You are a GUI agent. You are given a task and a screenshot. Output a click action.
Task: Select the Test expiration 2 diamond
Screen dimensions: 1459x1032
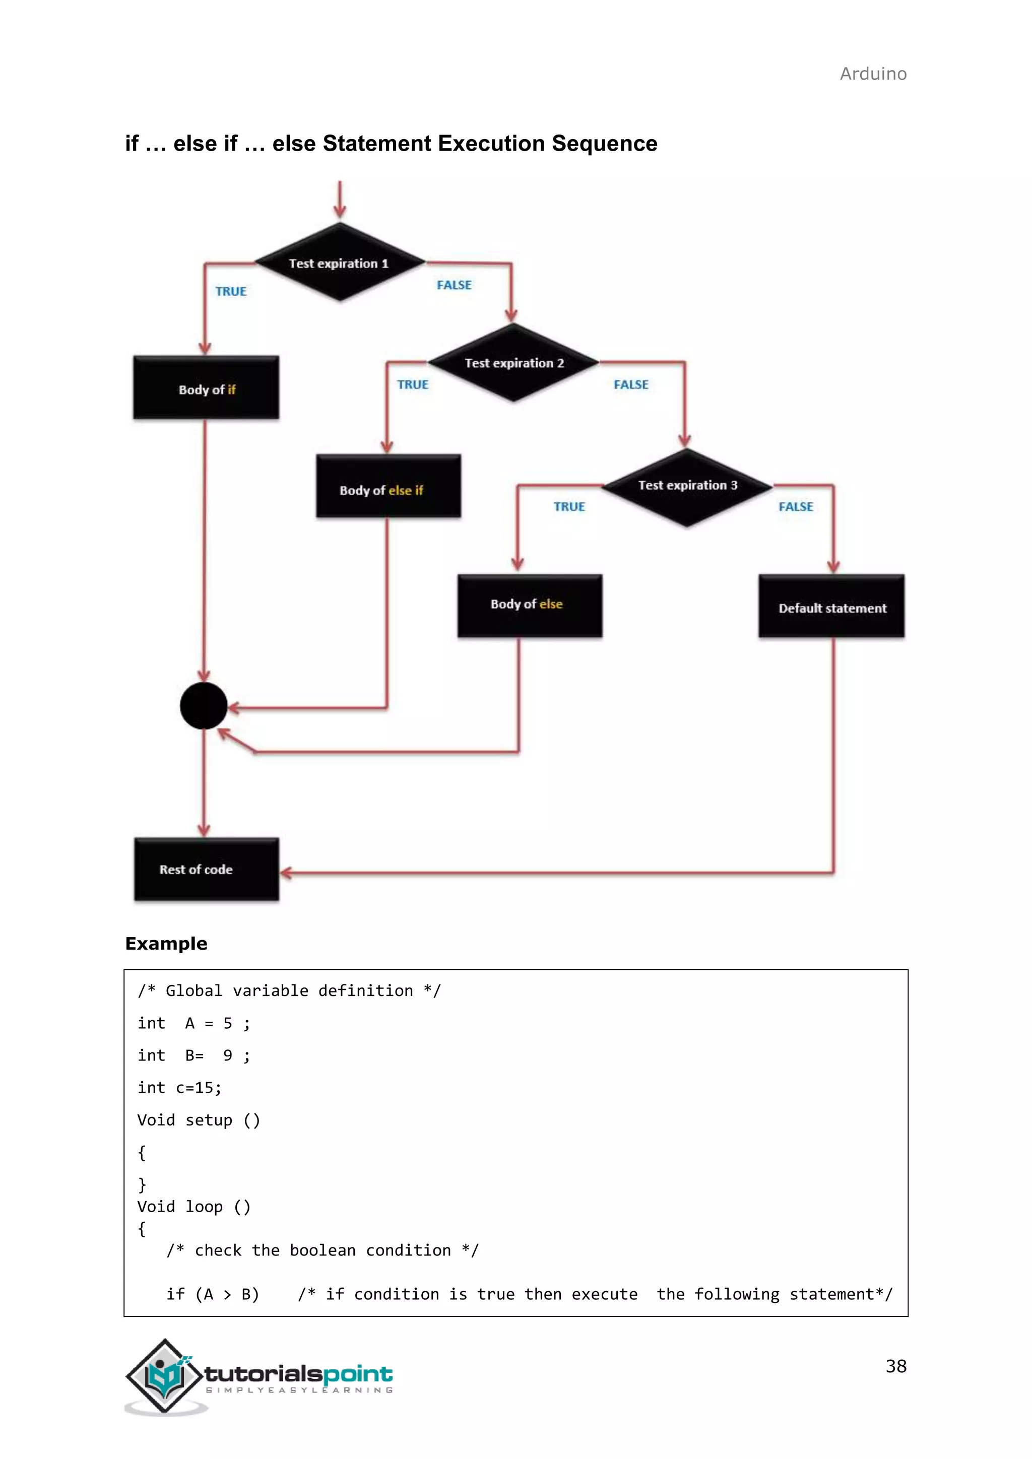513,362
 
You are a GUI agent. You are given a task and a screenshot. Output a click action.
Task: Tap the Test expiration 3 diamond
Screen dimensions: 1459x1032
687,486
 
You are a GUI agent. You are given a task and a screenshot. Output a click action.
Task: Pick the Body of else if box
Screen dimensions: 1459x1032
389,487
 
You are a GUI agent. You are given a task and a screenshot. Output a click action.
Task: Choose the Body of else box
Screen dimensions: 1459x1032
529,606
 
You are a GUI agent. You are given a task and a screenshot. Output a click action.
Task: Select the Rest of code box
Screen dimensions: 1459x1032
206,869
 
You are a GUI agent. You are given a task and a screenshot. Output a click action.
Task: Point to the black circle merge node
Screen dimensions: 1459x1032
204,706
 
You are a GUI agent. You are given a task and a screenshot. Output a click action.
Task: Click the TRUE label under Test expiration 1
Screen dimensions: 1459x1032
231,292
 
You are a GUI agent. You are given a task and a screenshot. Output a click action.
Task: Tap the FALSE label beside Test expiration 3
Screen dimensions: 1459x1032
796,507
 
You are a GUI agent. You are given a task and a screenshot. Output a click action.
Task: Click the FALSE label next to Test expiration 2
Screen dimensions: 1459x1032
631,385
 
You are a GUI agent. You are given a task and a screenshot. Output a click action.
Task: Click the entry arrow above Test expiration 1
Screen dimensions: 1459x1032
340,200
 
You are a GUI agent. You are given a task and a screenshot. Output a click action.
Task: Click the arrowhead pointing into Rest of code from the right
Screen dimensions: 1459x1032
286,873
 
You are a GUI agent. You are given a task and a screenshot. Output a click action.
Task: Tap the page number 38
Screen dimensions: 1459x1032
895,1366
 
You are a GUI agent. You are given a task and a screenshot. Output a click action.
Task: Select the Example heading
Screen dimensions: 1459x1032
166,944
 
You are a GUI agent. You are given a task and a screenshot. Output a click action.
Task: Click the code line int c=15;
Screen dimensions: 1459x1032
180,1088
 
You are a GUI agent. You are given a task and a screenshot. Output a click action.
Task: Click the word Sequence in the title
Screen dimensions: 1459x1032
604,144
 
